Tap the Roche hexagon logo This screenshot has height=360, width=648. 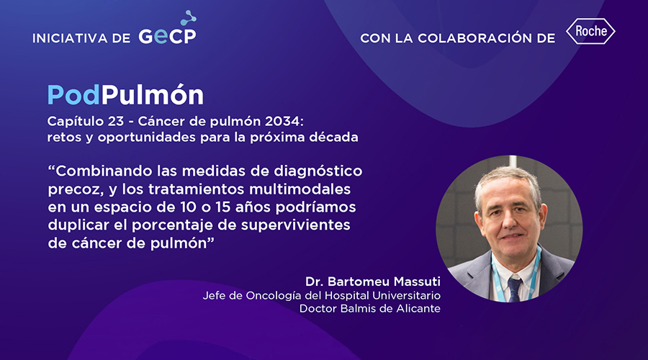coord(590,31)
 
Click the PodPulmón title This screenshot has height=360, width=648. coord(125,95)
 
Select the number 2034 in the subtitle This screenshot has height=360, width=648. coord(284,121)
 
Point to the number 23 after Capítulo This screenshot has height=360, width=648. coord(116,121)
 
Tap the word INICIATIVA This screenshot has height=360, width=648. coord(70,38)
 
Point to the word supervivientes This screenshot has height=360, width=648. coord(295,225)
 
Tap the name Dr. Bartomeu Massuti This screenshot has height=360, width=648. coord(373,282)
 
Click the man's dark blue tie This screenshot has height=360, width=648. coord(514,289)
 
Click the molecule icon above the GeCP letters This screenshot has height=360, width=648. coord(189,17)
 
